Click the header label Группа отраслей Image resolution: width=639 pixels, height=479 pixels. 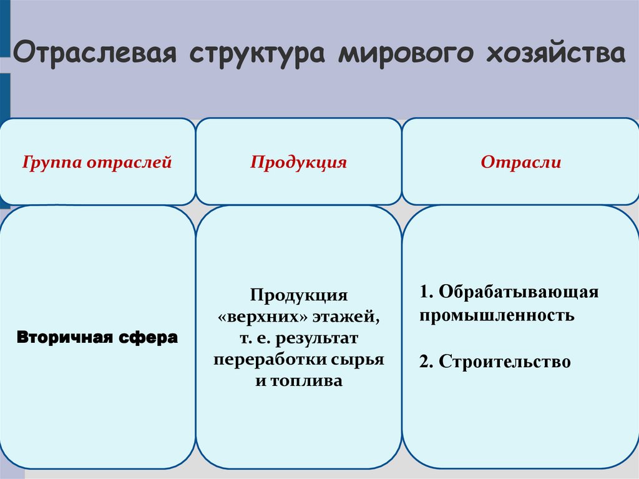97,163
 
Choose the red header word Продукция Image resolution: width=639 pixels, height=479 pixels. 298,163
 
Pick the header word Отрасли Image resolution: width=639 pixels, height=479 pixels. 520,163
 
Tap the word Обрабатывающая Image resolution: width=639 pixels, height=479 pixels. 518,292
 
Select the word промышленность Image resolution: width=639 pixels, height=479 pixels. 497,315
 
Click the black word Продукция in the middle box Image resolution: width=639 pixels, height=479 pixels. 298,294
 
